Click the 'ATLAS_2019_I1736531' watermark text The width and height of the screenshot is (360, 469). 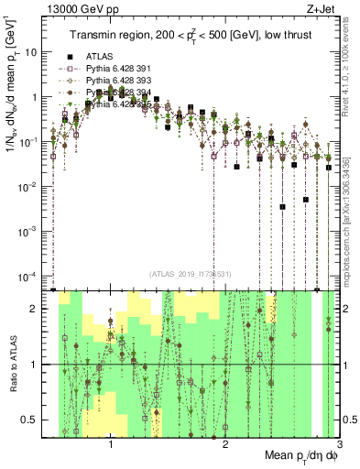pos(191,273)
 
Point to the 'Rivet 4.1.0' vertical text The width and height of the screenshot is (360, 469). pos(352,55)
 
